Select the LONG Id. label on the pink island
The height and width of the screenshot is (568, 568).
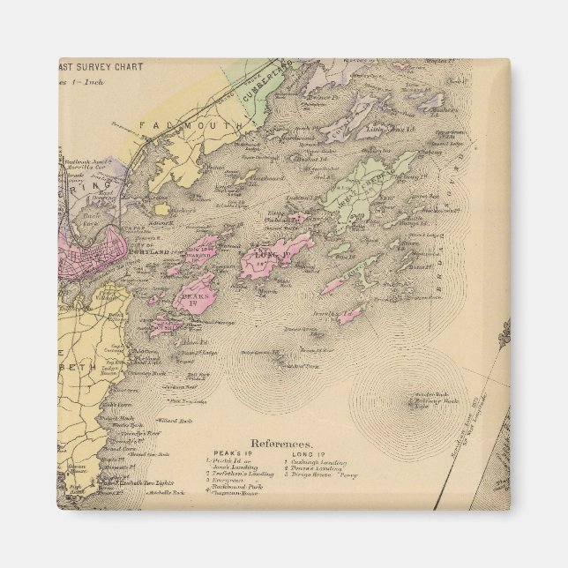(x=266, y=255)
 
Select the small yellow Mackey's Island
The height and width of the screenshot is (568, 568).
(x=161, y=210)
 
